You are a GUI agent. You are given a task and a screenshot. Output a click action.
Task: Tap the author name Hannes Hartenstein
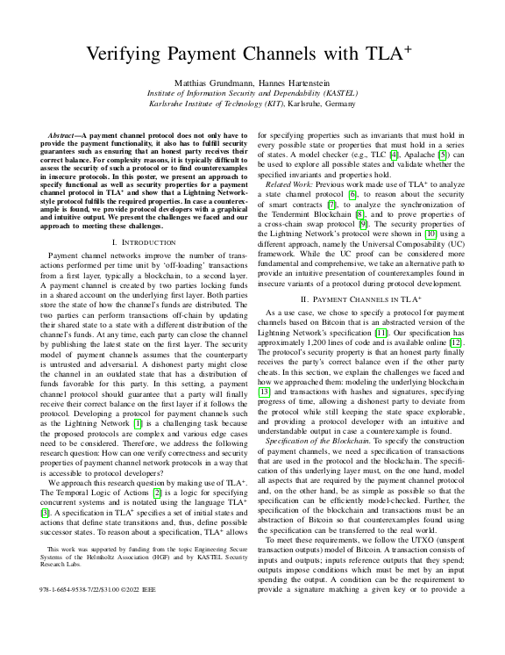[289, 80]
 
